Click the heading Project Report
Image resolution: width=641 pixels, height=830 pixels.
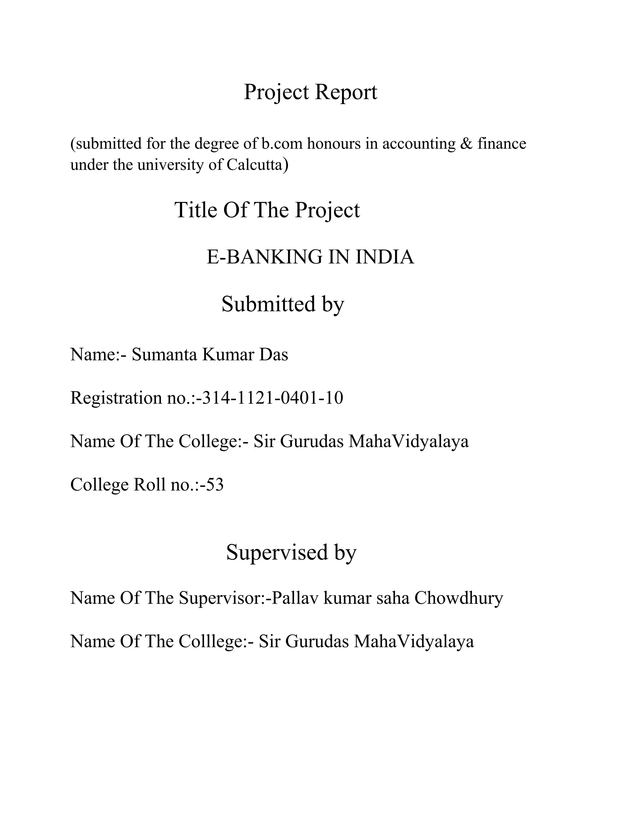(x=310, y=92)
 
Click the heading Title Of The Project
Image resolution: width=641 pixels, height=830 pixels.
(x=267, y=210)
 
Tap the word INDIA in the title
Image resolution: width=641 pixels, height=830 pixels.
(x=385, y=257)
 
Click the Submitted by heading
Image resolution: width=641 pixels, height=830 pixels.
(x=283, y=304)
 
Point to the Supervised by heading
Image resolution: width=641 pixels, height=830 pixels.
(x=291, y=552)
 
